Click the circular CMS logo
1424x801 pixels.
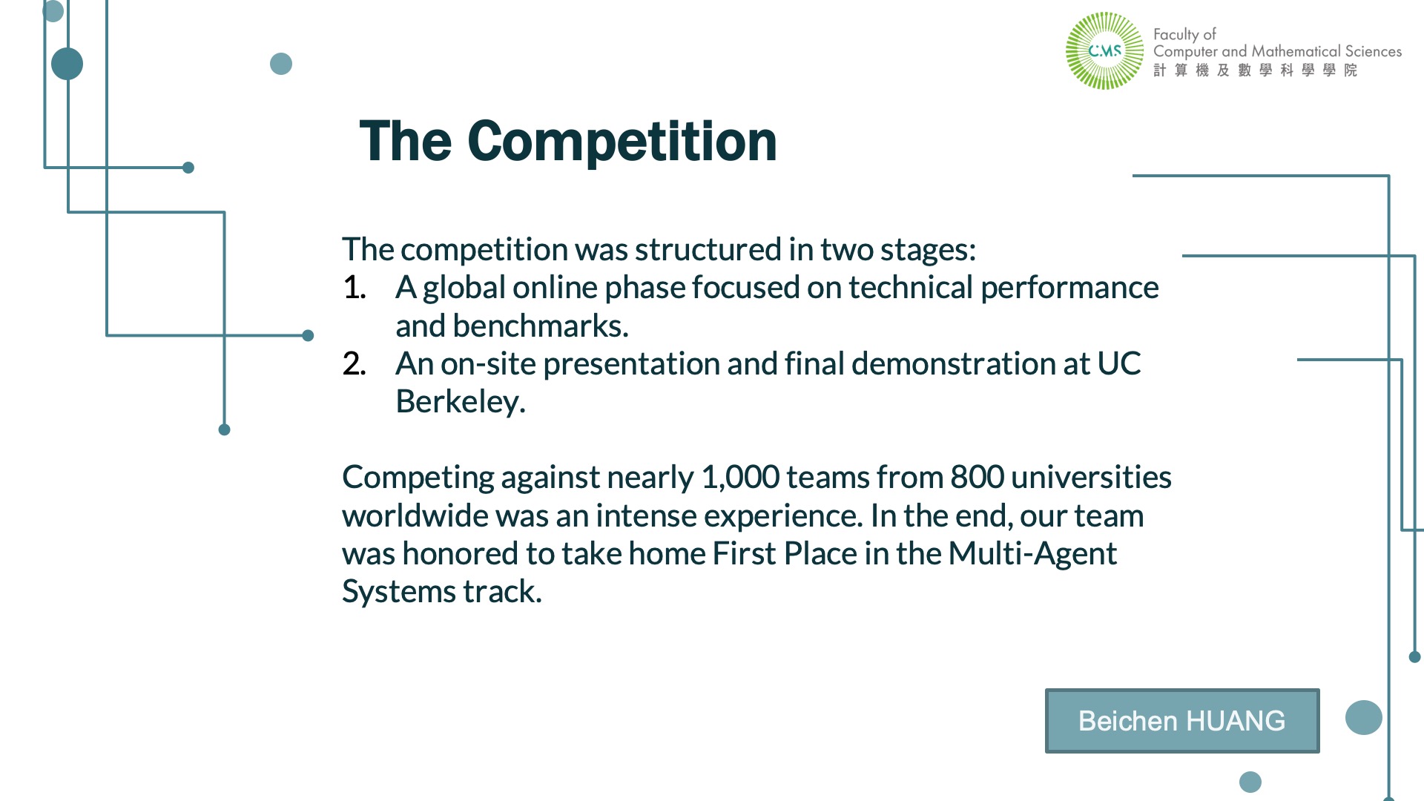coord(1104,51)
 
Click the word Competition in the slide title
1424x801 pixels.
coord(622,141)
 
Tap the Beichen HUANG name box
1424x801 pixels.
coord(1182,721)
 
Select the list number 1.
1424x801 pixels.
coord(355,288)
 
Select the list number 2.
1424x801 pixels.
coord(355,364)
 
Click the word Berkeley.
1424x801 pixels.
coord(461,402)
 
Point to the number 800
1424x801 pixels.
coord(978,478)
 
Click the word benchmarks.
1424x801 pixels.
coord(541,326)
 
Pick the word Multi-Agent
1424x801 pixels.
coord(1032,554)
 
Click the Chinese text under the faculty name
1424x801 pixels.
coord(1256,70)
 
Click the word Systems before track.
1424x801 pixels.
coord(399,592)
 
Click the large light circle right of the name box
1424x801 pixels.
coord(1363,717)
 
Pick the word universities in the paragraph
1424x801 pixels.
coord(1091,478)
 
